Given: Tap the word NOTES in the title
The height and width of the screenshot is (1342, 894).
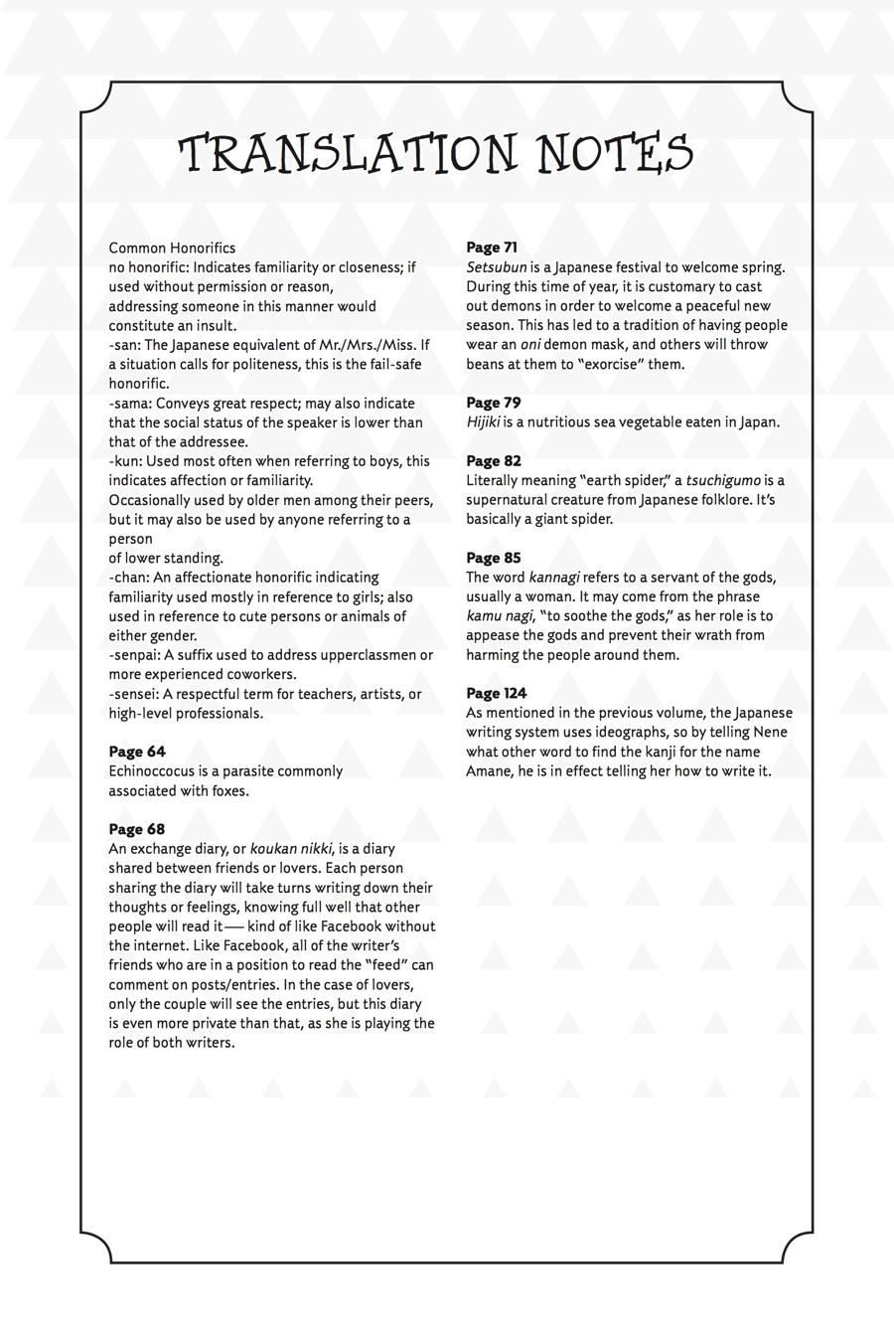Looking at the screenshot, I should tap(614, 154).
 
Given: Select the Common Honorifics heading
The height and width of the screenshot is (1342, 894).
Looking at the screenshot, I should tap(172, 248).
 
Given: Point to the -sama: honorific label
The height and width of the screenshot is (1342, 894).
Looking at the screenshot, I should tap(130, 403).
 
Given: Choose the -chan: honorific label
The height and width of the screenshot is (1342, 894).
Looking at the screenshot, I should tap(129, 578).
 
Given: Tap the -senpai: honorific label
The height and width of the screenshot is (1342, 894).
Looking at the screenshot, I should tap(134, 655).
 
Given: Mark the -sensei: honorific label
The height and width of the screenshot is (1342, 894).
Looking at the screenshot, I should tap(134, 694).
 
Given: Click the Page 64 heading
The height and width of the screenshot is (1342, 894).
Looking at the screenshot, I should tap(137, 752).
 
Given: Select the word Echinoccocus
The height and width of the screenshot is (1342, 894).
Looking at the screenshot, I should tap(151, 771).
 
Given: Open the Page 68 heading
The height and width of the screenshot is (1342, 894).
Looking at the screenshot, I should tap(137, 829).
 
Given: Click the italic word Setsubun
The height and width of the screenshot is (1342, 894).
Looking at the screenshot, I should tap(497, 267).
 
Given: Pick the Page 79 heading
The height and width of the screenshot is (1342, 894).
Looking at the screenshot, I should tap(494, 403).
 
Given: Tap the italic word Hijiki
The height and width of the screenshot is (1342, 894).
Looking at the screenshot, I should tap(483, 422).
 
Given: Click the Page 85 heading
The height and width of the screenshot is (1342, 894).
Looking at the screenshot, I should tap(494, 558).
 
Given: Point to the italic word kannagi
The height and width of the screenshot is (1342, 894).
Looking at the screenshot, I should tap(554, 578).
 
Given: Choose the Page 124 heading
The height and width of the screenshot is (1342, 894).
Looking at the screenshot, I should tap(497, 693).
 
